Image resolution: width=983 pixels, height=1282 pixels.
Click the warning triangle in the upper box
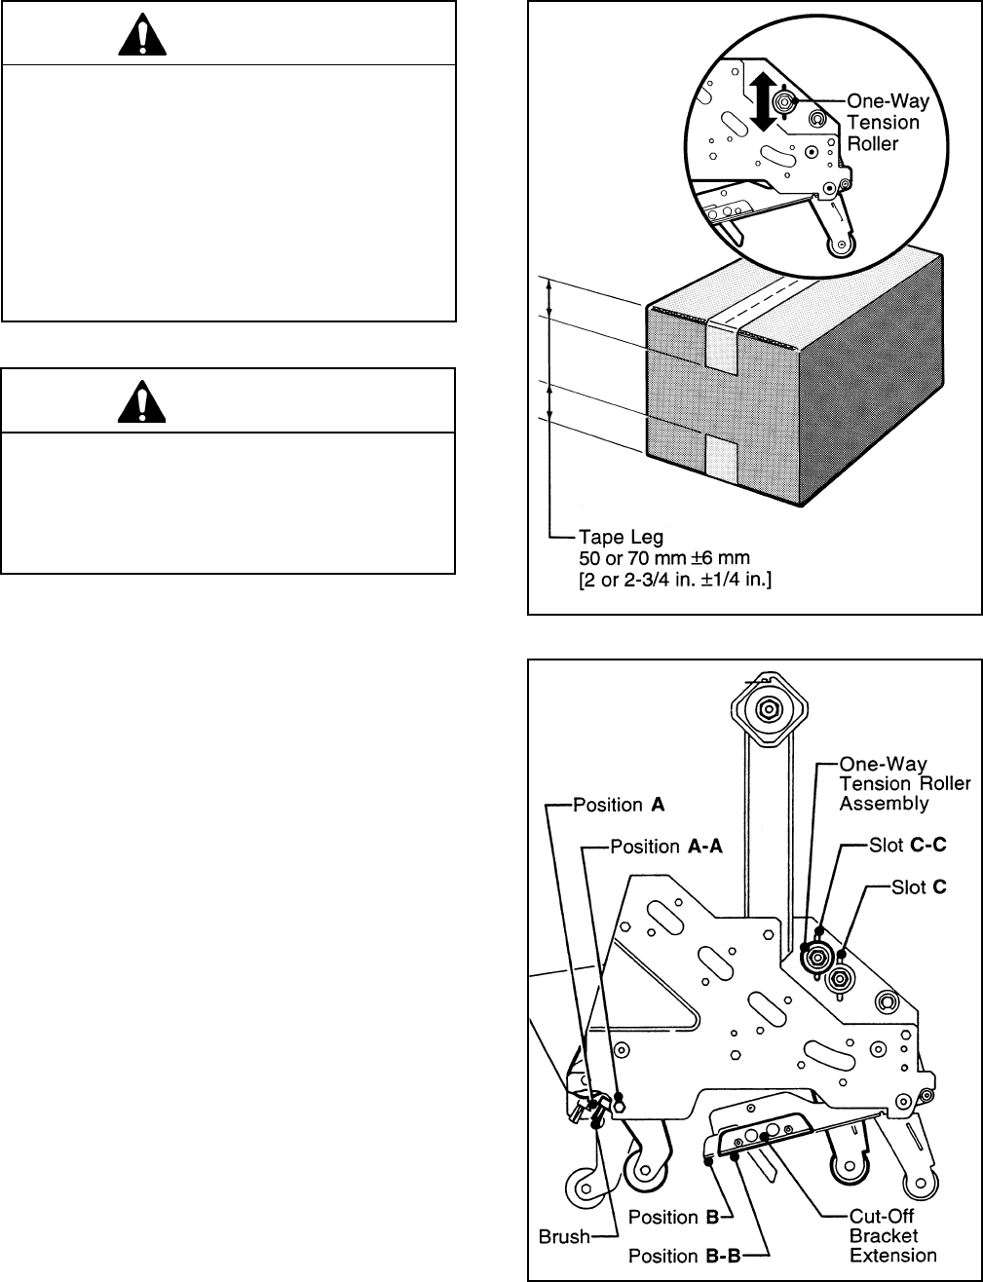pyautogui.click(x=142, y=34)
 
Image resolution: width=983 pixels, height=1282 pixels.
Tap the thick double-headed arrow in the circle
pyautogui.click(x=764, y=101)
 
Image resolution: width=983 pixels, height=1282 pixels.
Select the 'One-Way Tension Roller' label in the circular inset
pyautogui.click(x=888, y=123)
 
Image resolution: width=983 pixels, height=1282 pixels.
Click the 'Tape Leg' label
pyautogui.click(x=622, y=537)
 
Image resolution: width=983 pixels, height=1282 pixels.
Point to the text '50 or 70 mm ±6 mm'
pyautogui.click(x=664, y=558)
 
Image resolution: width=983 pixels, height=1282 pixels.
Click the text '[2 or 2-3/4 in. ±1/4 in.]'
pyautogui.click(x=675, y=580)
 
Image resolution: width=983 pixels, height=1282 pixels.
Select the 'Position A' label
pyautogui.click(x=619, y=805)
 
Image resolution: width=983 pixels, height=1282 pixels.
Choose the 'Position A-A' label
pyautogui.click(x=666, y=847)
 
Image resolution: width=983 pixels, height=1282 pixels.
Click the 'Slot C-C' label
pyautogui.click(x=907, y=845)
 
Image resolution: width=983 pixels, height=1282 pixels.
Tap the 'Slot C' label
pyautogui.click(x=919, y=886)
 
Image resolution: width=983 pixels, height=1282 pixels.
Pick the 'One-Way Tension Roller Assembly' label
pyautogui.click(x=905, y=783)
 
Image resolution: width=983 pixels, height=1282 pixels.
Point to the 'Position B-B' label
pyautogui.click(x=685, y=1256)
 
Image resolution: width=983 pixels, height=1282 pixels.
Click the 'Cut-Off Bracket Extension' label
pyautogui.click(x=892, y=1235)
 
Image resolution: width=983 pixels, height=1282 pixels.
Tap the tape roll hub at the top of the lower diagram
pyautogui.click(x=769, y=707)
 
